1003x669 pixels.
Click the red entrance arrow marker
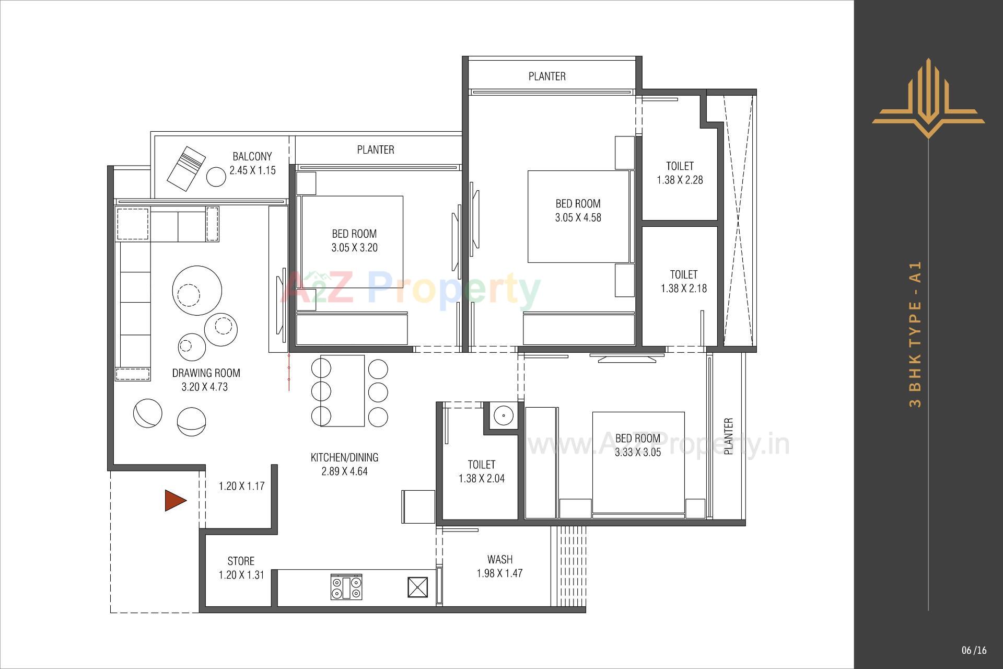[175, 500]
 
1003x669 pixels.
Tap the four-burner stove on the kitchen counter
[346, 587]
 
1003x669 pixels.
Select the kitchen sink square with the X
[418, 587]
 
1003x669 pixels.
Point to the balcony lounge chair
[186, 166]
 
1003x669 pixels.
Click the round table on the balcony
[216, 177]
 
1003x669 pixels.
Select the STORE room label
[241, 561]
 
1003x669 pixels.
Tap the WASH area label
[499, 559]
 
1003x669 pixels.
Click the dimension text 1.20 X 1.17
[241, 486]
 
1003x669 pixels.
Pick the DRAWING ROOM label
[206, 373]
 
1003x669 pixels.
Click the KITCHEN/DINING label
[344, 457]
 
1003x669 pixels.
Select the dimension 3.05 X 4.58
[578, 217]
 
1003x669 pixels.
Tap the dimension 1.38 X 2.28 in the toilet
[680, 180]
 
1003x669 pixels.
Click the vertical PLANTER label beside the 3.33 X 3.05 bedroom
[729, 436]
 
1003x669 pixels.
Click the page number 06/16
[974, 650]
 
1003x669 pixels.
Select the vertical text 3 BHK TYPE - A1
[916, 334]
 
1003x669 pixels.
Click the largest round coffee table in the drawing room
[197, 290]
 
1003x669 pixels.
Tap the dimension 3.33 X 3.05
[637, 452]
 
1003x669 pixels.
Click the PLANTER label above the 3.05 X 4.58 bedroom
[547, 76]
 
